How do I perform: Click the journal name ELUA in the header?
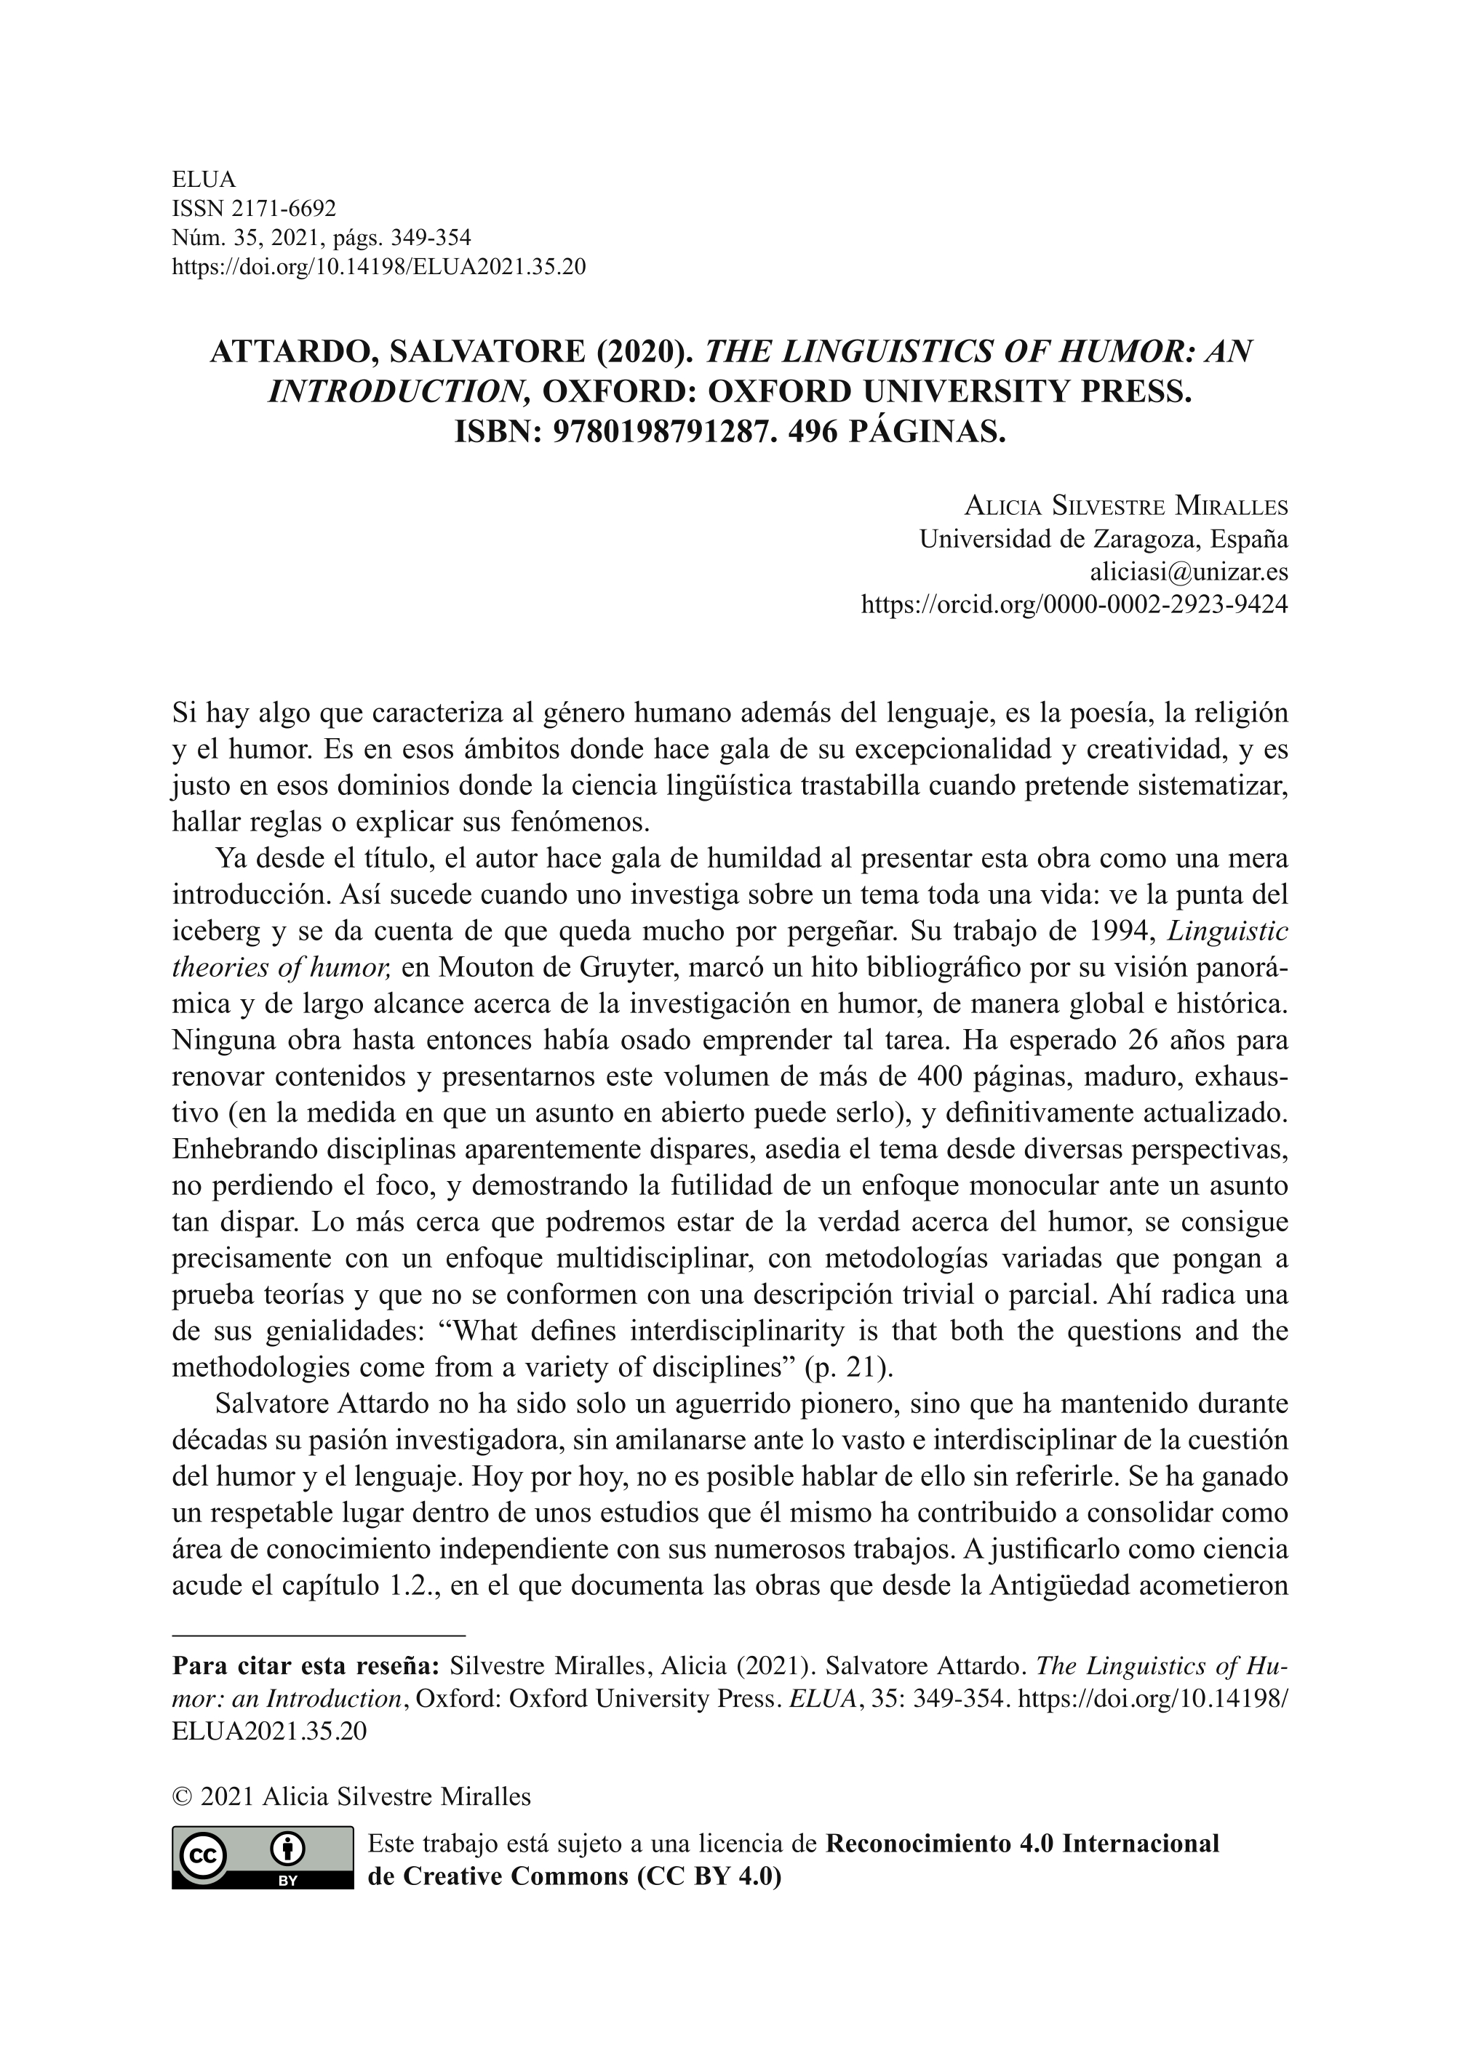(x=203, y=180)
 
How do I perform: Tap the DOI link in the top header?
(x=378, y=267)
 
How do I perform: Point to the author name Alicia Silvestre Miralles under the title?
(x=1125, y=507)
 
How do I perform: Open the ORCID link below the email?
(x=1074, y=604)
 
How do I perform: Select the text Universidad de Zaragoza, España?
(x=1103, y=540)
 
